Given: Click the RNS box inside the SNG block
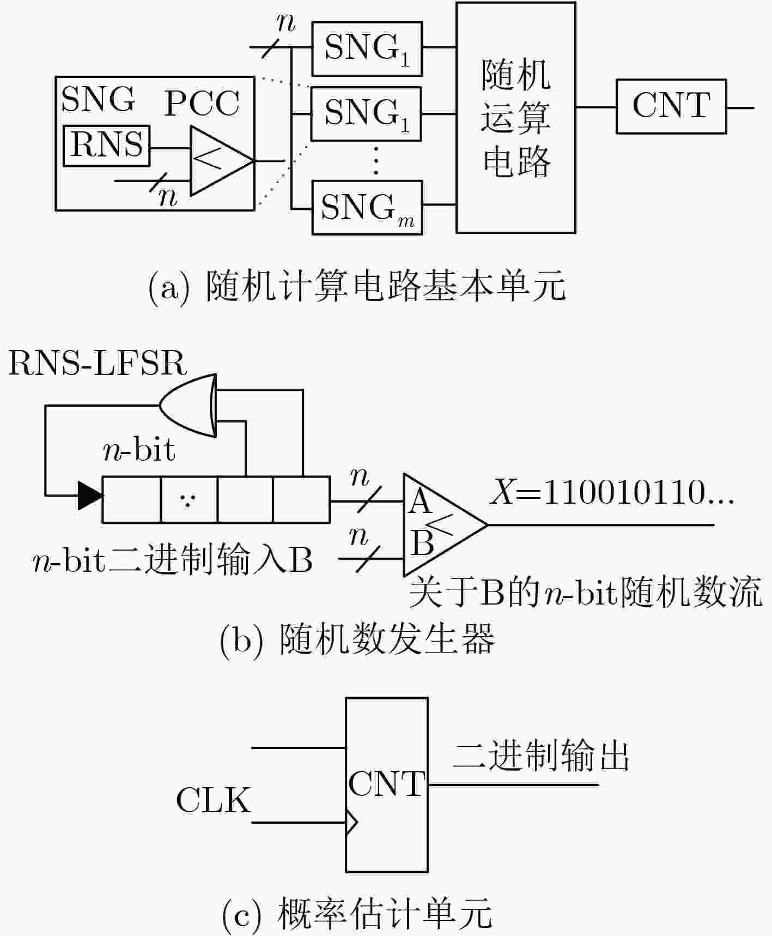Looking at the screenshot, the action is coord(106,146).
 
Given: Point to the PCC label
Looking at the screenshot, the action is coord(202,103).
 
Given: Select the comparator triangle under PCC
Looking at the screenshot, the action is coord(222,161).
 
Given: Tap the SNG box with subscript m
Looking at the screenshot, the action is coord(367,208).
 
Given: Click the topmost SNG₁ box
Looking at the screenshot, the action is coord(367,49).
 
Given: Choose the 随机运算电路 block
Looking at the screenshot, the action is coord(515,118).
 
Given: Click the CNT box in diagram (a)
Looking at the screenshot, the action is coord(671,106).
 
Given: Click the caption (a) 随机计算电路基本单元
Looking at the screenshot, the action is coord(357,286).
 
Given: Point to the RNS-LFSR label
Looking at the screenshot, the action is coord(98,364).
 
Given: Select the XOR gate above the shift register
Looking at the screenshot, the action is coord(188,405).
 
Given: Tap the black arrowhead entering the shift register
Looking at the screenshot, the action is coord(90,496).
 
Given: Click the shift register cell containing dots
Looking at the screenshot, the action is coord(189,500).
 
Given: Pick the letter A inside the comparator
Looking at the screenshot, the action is coord(420,502).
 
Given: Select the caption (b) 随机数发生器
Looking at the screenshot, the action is coord(357,639).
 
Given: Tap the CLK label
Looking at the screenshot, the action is coord(214,800).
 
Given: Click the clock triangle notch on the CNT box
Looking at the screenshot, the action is coord(352,823).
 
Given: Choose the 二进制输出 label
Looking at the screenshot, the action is coord(542,756).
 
